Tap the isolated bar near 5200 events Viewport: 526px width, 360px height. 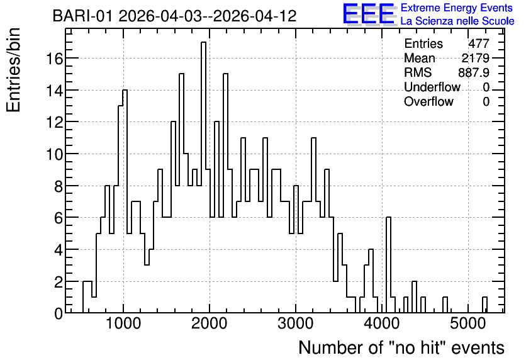click(x=484, y=305)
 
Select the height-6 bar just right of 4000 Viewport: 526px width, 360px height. click(x=388, y=265)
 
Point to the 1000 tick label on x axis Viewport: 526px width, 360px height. click(x=123, y=323)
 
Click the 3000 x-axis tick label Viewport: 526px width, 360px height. click(x=296, y=323)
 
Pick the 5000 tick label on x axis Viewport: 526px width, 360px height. click(x=468, y=323)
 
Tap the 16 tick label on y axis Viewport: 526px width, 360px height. click(x=54, y=59)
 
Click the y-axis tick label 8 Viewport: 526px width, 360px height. click(x=59, y=186)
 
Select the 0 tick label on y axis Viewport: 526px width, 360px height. click(x=59, y=313)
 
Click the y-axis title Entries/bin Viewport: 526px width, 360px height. click(x=13, y=70)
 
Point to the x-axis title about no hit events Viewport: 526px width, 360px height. click(x=401, y=347)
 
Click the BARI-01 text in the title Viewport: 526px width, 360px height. click(x=82, y=16)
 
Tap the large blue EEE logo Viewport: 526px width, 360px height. click(x=369, y=14)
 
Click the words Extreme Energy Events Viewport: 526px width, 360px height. click(x=457, y=8)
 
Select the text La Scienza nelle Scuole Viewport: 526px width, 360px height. click(x=457, y=21)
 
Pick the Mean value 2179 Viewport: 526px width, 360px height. click(x=475, y=58)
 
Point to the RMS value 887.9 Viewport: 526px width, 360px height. click(x=474, y=72)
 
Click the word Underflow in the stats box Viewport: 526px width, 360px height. click(x=432, y=87)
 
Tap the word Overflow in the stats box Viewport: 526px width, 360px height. click(x=428, y=101)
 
